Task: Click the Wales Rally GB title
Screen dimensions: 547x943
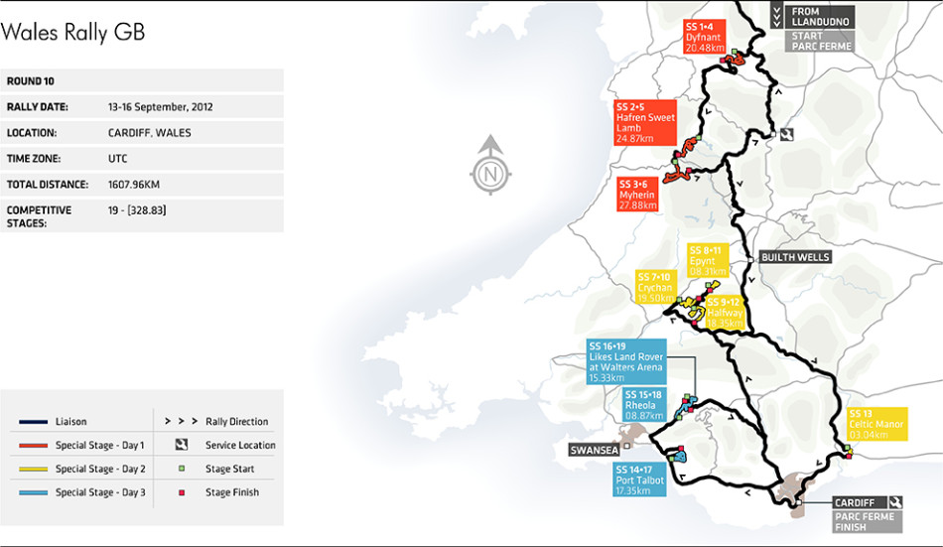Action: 73,32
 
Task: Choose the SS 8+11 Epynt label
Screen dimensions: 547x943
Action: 709,260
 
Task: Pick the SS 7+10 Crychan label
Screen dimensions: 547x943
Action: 657,287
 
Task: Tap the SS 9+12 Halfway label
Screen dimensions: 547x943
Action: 724,312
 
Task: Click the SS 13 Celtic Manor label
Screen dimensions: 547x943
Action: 876,424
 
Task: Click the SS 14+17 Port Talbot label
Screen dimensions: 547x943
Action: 638,479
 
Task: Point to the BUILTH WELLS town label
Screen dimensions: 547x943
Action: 794,257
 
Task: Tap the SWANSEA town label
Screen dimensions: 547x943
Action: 593,450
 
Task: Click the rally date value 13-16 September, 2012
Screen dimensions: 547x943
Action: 160,106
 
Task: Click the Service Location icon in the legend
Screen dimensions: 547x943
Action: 182,445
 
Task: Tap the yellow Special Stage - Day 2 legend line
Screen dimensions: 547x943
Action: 35,469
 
